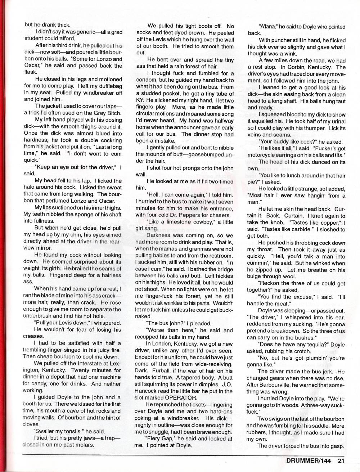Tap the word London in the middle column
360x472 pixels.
tap(162, 344)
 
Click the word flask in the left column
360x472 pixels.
tap(31, 72)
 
